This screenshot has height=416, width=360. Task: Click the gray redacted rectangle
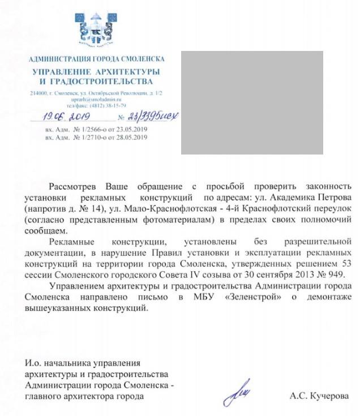[252, 102]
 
